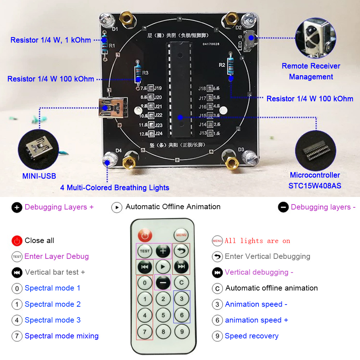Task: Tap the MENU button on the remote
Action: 181,235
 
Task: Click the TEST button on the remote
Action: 145,251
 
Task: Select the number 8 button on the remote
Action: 163,331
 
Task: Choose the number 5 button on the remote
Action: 163,315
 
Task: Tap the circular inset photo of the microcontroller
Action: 315,151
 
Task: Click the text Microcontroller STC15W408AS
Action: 315,180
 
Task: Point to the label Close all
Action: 39,240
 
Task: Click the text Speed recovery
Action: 251,336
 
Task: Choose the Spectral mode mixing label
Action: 62,336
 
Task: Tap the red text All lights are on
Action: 257,241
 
